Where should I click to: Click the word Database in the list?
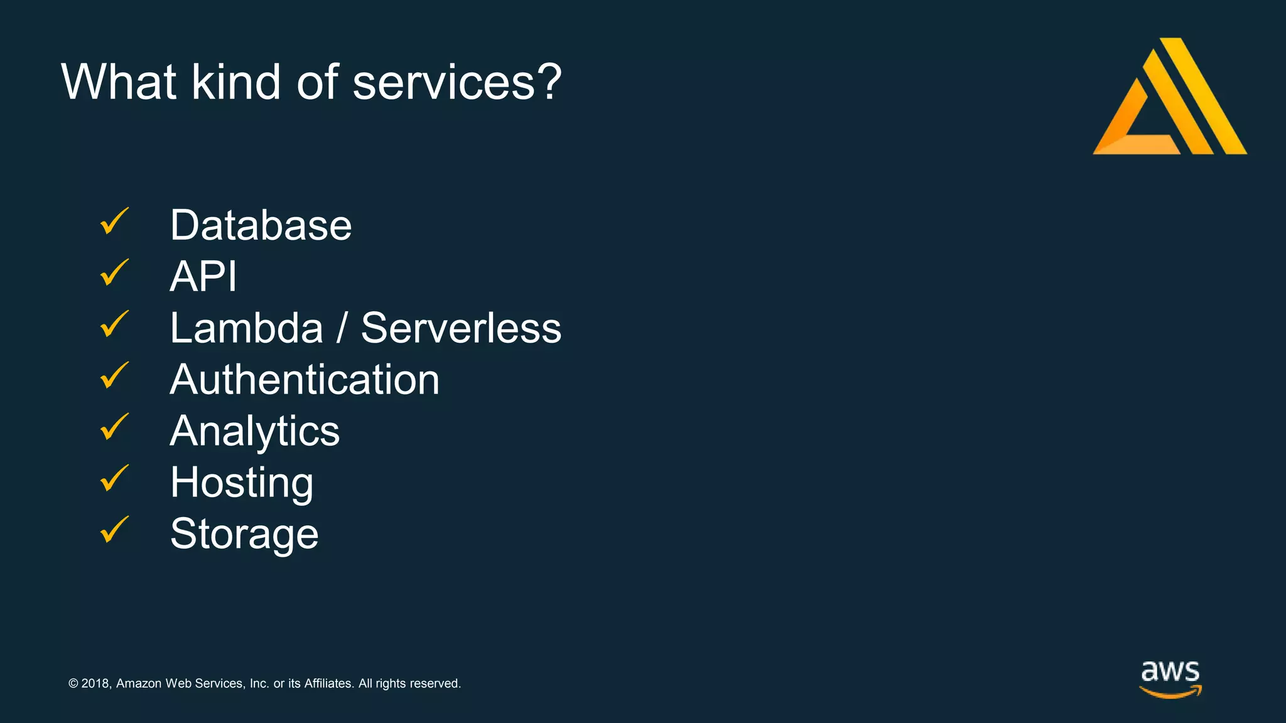click(261, 225)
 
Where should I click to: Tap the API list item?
click(203, 277)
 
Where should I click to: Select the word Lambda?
click(246, 328)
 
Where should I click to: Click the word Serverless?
click(461, 328)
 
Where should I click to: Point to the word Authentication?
click(305, 380)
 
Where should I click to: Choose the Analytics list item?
click(255, 431)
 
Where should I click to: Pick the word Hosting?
click(242, 483)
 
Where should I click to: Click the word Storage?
click(244, 534)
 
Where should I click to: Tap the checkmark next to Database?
click(114, 222)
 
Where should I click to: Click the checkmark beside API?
click(114, 274)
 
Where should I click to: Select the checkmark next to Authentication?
click(114, 377)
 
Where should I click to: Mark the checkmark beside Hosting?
click(114, 479)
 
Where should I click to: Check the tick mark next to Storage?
click(114, 531)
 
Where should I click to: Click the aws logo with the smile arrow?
click(1170, 679)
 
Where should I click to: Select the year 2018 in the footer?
click(95, 683)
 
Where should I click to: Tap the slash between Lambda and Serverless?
click(342, 328)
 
